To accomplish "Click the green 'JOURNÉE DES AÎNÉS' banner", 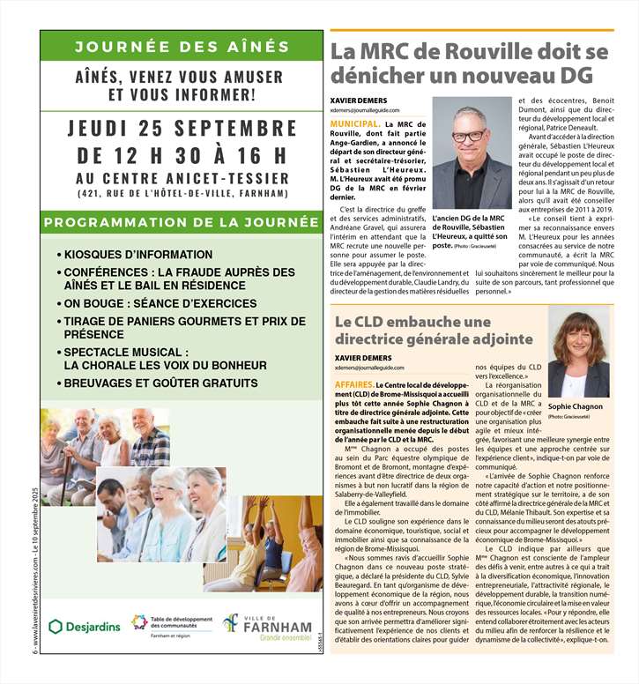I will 182,47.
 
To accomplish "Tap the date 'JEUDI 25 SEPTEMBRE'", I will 182,129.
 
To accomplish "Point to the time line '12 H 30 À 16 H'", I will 182,156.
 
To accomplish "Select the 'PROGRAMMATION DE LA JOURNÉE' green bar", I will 182,221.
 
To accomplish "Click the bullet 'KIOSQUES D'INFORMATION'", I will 137,255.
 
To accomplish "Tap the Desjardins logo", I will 84,627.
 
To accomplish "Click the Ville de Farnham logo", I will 267,626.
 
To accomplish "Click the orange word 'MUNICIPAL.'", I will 356,125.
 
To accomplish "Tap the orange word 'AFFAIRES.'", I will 353,385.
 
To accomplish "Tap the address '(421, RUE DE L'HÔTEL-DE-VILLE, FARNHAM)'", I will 182,193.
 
